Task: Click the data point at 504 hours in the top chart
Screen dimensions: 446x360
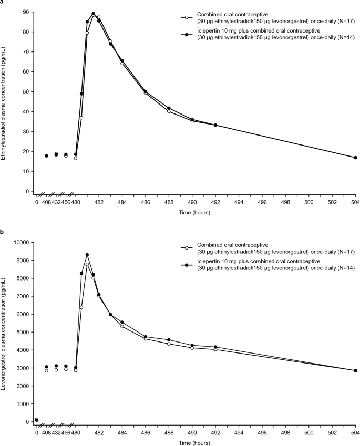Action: coord(355,158)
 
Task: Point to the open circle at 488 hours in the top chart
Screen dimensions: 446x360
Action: coord(169,111)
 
